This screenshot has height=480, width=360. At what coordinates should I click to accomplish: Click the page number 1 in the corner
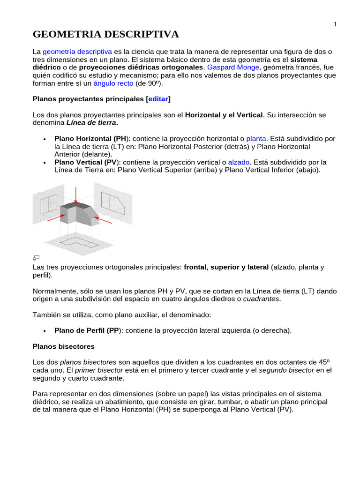tap(336, 24)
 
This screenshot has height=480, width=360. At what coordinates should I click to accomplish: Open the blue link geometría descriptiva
tap(77, 52)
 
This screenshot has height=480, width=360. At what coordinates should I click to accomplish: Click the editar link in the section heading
tap(158, 99)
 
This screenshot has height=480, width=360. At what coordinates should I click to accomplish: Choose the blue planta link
tap(256, 139)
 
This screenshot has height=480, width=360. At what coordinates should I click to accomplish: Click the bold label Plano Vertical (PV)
tap(85, 162)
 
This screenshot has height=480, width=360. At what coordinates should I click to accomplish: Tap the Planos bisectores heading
tap(63, 346)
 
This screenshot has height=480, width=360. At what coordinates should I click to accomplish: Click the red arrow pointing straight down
tap(75, 194)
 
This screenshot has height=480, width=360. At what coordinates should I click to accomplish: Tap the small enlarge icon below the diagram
tap(36, 257)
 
